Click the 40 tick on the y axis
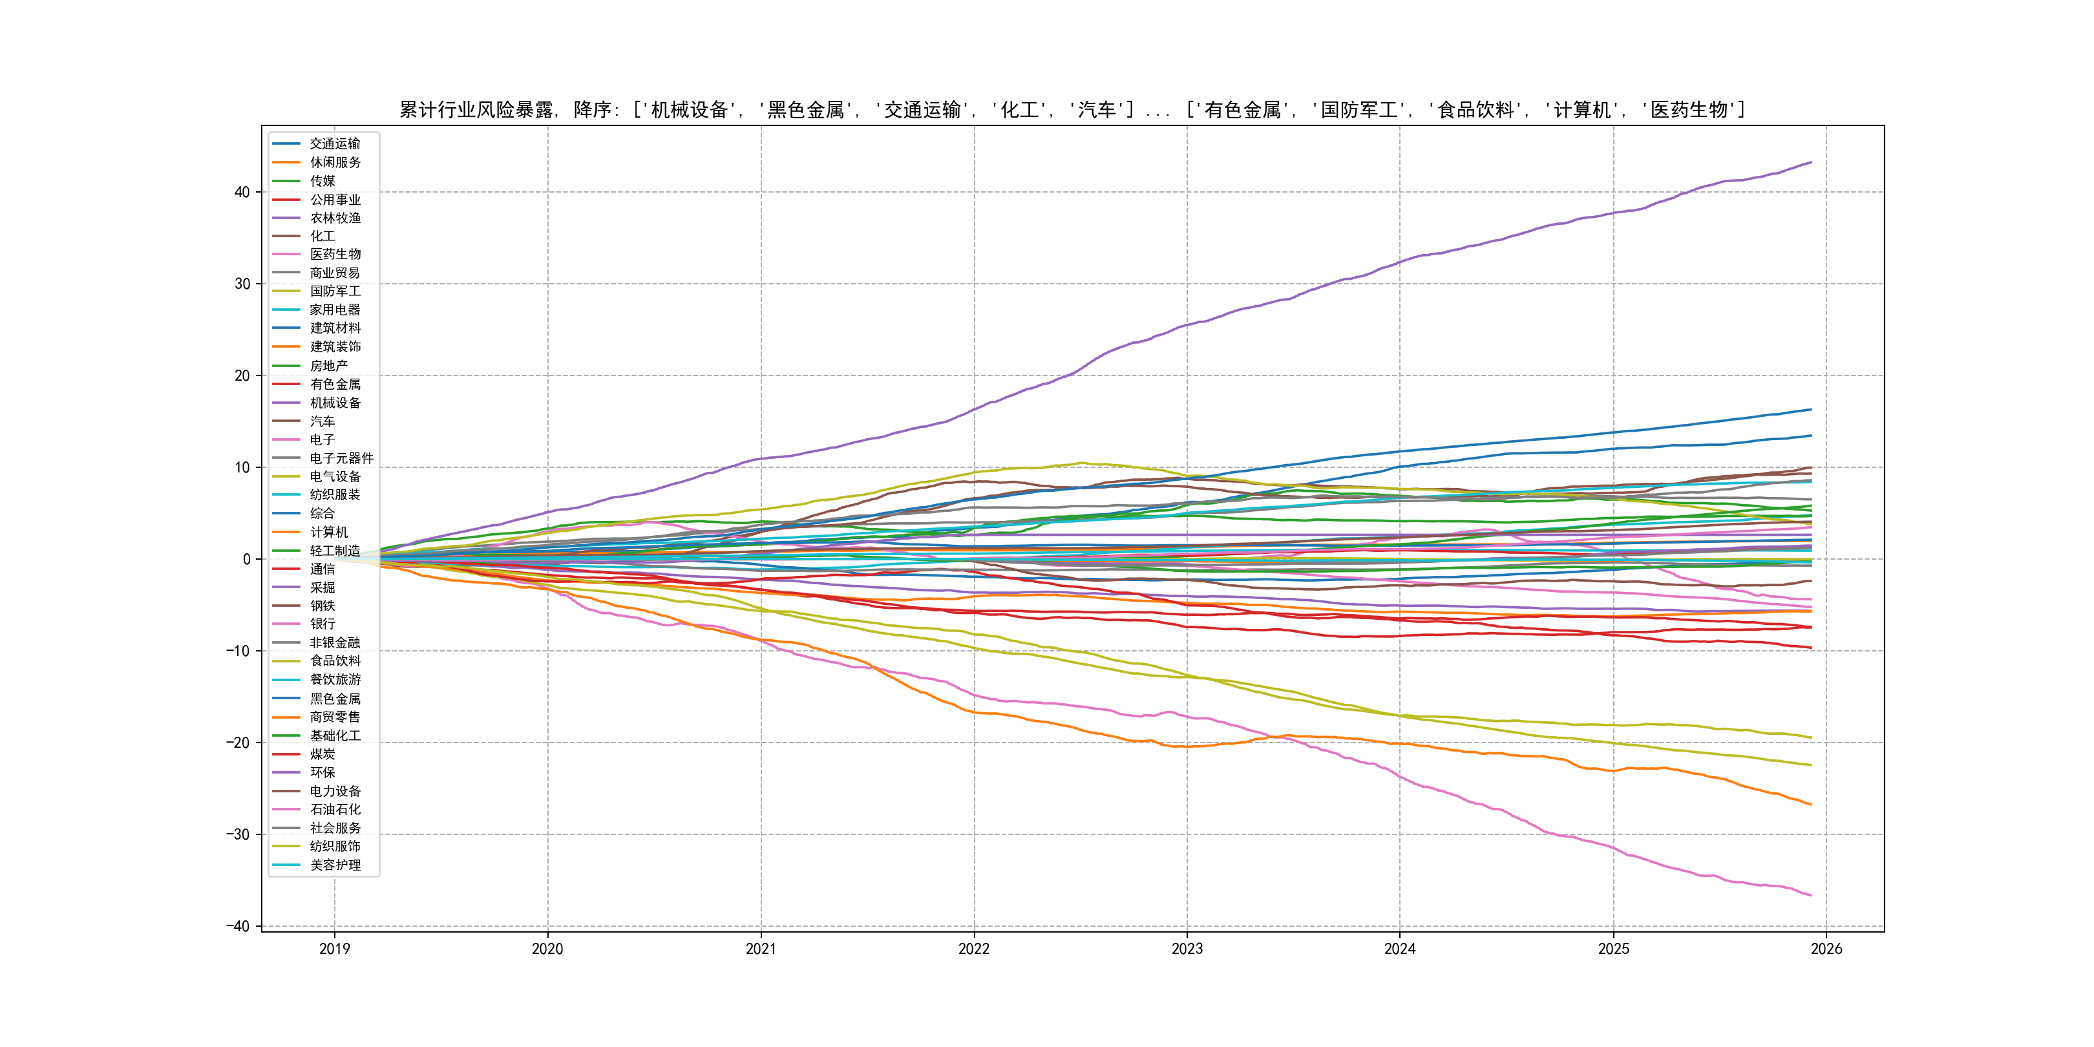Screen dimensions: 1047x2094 pos(242,193)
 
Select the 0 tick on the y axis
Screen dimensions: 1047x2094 pos(246,559)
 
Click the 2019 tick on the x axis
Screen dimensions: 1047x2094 pos(334,949)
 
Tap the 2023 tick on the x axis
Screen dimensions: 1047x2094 pos(1187,949)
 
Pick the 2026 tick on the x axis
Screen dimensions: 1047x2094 pos(1826,949)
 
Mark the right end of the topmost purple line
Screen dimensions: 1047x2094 pos(1811,163)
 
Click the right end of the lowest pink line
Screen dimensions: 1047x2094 pos(1811,896)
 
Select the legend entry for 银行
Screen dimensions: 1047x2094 pos(322,624)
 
